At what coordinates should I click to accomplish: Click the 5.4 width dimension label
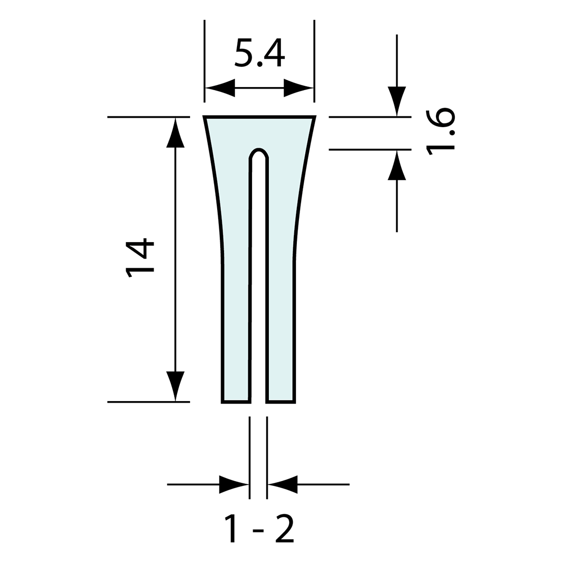259,53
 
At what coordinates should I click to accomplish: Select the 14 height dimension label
140,258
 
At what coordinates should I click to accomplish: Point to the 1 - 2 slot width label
259,529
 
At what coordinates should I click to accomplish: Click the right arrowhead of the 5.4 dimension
298,88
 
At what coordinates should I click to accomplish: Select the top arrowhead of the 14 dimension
176,133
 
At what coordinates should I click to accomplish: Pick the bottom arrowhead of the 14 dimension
176,385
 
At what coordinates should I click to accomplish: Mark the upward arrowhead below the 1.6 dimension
397,165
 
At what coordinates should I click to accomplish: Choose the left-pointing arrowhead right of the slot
282,484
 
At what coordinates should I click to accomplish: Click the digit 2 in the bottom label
284,529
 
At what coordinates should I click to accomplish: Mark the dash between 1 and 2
258,531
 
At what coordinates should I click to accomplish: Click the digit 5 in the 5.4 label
243,53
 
